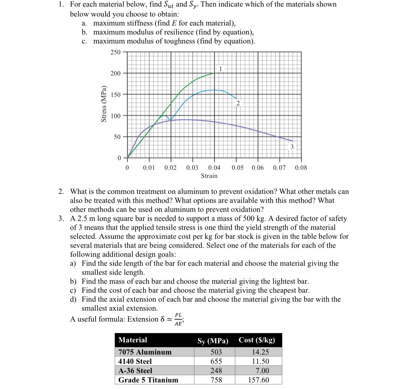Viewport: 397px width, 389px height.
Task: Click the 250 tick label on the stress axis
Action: tap(115, 52)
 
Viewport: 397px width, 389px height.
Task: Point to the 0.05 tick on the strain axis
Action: tap(237, 167)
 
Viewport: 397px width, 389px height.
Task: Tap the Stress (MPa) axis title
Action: tap(104, 104)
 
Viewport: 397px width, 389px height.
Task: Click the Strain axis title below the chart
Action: tap(209, 176)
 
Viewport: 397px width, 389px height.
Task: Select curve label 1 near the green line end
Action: tap(220, 69)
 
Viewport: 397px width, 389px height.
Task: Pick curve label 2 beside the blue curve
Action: tap(238, 103)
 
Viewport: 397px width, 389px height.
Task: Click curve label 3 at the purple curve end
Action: tap(292, 147)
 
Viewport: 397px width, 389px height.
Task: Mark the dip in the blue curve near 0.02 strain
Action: tap(171, 120)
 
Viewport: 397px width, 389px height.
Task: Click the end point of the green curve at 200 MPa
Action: tap(214, 73)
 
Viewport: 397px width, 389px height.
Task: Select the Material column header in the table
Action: tap(133, 340)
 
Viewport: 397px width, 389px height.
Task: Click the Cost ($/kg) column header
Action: tap(257, 340)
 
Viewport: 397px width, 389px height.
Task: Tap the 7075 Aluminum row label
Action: tap(145, 352)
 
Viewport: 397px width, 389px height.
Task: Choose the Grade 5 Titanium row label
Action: tap(148, 380)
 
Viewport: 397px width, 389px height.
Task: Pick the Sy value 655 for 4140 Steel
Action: tap(216, 361)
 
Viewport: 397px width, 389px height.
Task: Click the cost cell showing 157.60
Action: tap(259, 380)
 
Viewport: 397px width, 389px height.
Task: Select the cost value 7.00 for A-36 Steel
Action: tap(262, 370)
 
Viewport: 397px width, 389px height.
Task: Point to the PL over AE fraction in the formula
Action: tap(178, 319)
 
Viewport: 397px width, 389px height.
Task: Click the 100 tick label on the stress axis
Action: tap(115, 116)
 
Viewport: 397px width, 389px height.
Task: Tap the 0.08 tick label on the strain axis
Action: tap(301, 167)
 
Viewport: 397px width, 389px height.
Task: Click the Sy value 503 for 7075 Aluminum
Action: tap(216, 352)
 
